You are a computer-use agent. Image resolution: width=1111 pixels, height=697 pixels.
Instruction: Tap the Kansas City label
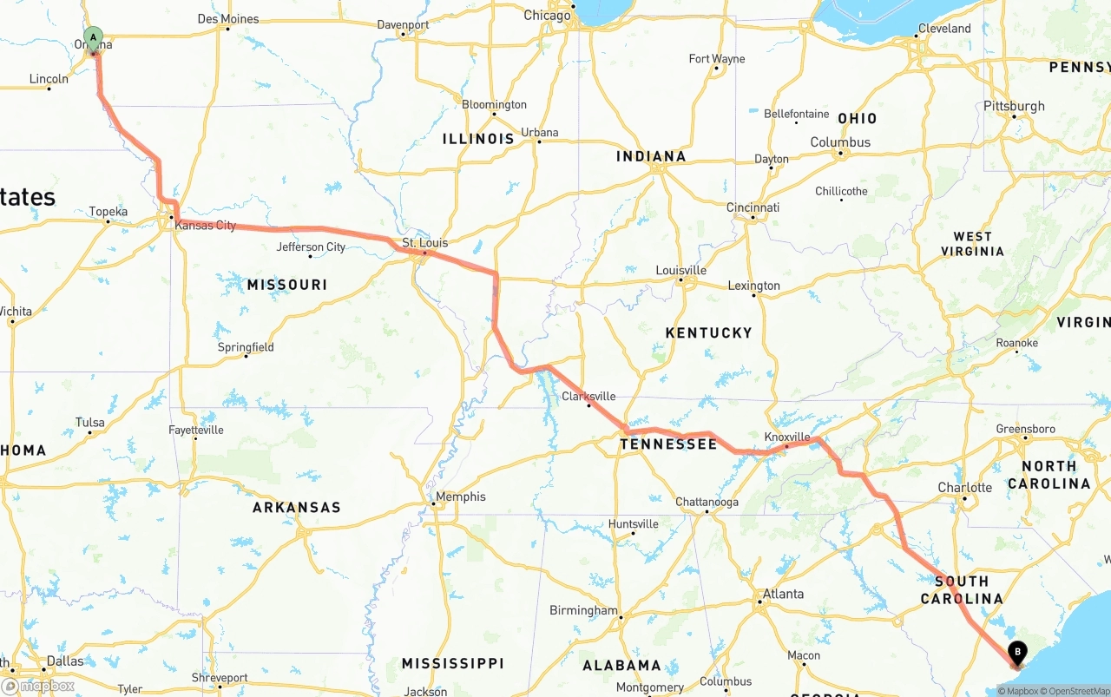point(205,226)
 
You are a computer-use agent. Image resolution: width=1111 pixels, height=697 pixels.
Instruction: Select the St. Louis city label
point(424,243)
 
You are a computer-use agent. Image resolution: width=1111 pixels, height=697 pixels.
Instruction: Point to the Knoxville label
point(787,437)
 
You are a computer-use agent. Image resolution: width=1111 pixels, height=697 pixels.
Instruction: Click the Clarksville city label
point(588,397)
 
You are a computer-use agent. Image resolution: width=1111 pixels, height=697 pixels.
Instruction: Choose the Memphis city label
point(460,497)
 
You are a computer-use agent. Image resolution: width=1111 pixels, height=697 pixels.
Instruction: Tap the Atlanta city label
point(783,595)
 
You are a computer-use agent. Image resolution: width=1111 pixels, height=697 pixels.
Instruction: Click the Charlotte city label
point(964,488)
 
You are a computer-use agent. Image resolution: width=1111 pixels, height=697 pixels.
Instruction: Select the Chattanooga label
point(707,503)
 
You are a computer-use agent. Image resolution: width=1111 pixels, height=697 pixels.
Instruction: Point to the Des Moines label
point(228,19)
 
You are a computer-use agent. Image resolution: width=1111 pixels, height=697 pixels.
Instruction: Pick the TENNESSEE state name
point(668,444)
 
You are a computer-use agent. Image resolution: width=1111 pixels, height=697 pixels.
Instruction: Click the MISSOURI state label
point(287,285)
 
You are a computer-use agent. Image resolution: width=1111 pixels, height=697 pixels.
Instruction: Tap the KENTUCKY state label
point(708,333)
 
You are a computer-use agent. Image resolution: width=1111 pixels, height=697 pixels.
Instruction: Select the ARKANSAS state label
point(297,507)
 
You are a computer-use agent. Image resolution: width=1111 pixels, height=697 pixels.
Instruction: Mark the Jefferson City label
point(311,247)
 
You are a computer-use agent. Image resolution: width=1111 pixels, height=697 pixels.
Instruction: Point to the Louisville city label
point(680,271)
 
